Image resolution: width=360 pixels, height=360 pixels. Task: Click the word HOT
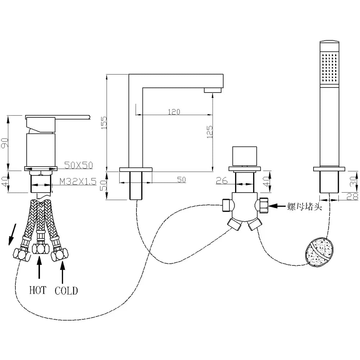pyautogui.click(x=38, y=290)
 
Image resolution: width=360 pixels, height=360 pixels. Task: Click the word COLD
pyautogui.click(x=66, y=291)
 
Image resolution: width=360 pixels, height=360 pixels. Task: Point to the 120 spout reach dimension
pyautogui.click(x=174, y=112)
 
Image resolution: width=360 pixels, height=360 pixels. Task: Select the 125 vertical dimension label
pyautogui.click(x=210, y=132)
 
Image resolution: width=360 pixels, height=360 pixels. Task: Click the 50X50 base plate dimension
pyautogui.click(x=78, y=165)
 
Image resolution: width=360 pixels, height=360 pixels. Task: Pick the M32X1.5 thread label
pyautogui.click(x=78, y=181)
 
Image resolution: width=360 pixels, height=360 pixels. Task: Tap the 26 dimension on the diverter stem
pyautogui.click(x=222, y=181)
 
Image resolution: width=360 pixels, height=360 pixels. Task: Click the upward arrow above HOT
pyautogui.click(x=39, y=268)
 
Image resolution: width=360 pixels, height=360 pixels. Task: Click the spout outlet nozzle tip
pyautogui.click(x=212, y=90)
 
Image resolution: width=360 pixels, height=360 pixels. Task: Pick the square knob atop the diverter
pyautogui.click(x=245, y=156)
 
